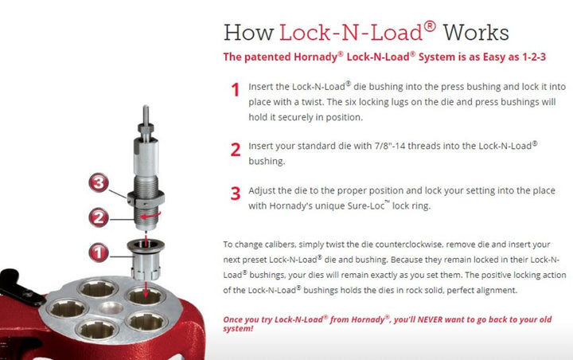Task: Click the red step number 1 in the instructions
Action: coord(236,90)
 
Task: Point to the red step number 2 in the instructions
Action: coord(236,148)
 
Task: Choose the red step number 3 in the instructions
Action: coord(236,192)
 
